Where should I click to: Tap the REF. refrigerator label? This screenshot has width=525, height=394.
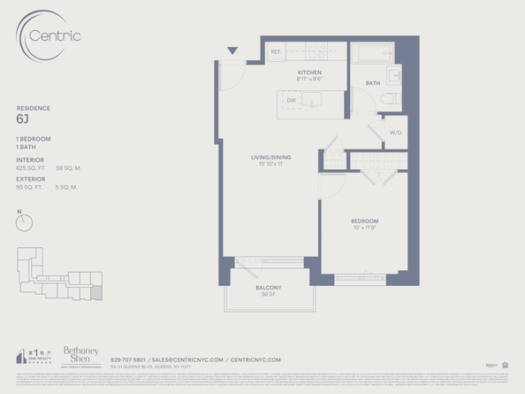[276, 52]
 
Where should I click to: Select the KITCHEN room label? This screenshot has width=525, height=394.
[309, 72]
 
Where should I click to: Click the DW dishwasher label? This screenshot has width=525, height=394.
[291, 100]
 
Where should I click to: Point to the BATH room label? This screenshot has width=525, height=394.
[373, 83]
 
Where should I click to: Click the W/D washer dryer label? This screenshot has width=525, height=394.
[394, 132]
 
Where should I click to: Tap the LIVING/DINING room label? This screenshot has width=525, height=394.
[270, 158]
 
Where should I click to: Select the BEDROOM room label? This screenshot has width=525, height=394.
[363, 220]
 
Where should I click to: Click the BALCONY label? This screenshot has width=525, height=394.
[269, 289]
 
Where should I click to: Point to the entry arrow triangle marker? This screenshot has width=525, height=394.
[232, 51]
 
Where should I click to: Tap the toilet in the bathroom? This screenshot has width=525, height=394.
[394, 97]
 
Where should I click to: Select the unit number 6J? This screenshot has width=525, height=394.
[22, 118]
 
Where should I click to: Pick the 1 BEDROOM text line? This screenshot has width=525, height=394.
[34, 140]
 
